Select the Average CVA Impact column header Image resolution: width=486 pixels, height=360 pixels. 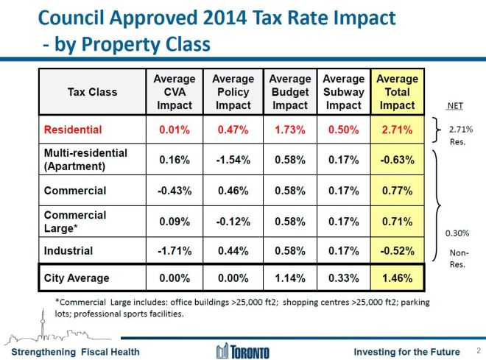(x=175, y=92)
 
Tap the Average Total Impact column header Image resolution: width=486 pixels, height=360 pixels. (x=397, y=92)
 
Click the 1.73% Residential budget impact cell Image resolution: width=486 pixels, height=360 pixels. (x=289, y=130)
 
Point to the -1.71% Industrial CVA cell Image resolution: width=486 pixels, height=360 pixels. (x=175, y=251)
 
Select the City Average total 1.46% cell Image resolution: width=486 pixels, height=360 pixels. (x=397, y=279)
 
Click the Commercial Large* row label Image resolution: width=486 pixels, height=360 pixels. (x=75, y=221)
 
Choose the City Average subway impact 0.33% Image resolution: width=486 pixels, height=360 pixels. (x=344, y=279)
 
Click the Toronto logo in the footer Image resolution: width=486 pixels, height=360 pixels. (x=242, y=350)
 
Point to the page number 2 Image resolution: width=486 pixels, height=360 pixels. (x=479, y=350)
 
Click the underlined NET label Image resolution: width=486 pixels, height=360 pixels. (x=455, y=105)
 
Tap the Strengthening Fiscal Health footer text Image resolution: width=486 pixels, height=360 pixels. (x=70, y=351)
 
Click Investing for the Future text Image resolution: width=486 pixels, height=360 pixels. (x=405, y=351)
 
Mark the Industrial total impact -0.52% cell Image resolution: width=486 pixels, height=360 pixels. (x=397, y=251)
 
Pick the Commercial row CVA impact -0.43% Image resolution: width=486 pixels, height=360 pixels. (x=175, y=191)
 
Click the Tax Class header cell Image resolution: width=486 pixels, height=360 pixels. (x=92, y=92)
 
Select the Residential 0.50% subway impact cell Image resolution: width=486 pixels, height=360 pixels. (x=344, y=130)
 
